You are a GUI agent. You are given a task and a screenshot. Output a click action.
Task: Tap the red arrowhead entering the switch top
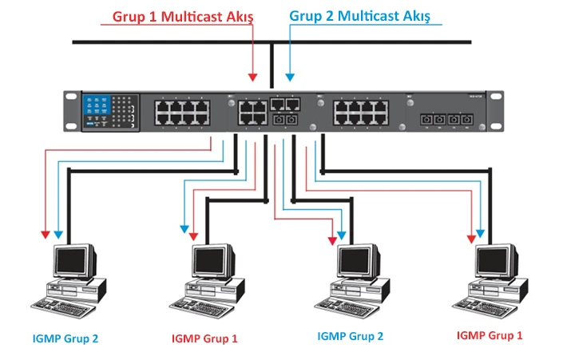click(253, 77)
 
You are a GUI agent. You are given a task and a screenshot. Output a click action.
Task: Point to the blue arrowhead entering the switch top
click(291, 77)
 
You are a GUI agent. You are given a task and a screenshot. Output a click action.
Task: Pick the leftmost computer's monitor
click(74, 261)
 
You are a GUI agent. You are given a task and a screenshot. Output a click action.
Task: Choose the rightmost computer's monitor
click(495, 261)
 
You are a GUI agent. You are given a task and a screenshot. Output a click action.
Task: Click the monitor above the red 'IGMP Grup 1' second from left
click(214, 261)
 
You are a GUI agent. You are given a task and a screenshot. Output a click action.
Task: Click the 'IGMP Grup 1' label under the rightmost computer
click(490, 335)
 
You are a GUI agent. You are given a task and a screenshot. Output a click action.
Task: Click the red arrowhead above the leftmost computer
click(45, 235)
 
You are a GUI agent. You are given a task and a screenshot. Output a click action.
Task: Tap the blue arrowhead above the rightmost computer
click(481, 235)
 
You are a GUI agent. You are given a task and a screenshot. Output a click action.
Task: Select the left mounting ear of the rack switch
click(70, 111)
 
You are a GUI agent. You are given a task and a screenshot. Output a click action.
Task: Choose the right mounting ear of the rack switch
click(500, 111)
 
